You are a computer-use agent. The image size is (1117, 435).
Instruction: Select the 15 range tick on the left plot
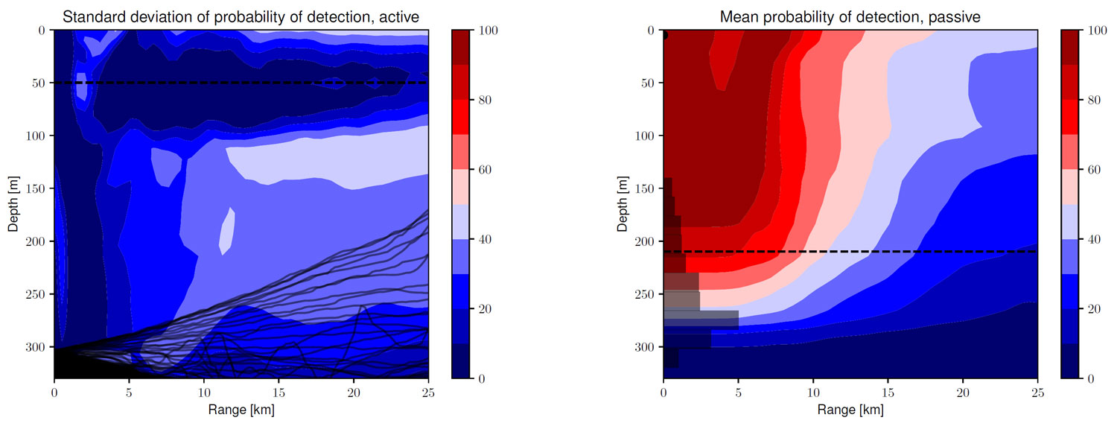279,391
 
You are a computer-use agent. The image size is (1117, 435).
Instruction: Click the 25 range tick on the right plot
1037,391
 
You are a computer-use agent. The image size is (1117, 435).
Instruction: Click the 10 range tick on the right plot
813,391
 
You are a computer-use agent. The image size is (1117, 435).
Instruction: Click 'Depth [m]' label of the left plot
13,203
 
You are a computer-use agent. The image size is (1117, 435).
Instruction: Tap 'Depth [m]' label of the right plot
623,203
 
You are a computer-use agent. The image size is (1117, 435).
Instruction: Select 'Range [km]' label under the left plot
241,409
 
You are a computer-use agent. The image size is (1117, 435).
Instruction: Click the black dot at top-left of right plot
664,35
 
